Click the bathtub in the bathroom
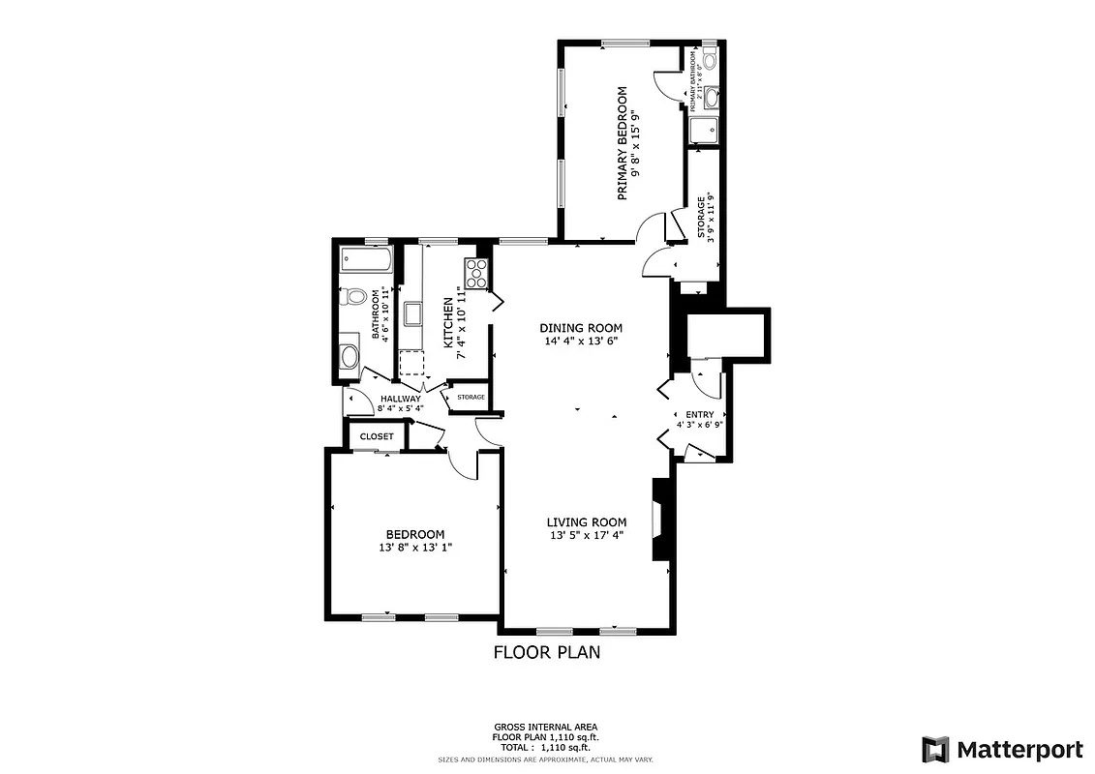(x=365, y=259)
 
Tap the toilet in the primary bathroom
(x=710, y=60)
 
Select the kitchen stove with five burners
(x=476, y=273)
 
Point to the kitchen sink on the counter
(x=411, y=313)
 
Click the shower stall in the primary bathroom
(x=703, y=129)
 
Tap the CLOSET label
(x=377, y=436)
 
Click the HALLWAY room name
(x=400, y=399)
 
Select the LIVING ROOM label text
(x=586, y=522)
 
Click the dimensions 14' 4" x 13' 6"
(x=580, y=341)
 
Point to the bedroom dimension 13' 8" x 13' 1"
(x=414, y=548)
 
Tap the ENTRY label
(x=699, y=414)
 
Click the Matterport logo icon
(x=935, y=749)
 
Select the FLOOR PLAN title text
(x=546, y=652)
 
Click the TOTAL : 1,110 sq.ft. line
(x=546, y=747)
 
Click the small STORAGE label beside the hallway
(x=471, y=398)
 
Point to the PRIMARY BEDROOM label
(x=622, y=143)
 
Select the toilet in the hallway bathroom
(x=353, y=297)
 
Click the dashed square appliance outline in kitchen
(x=411, y=363)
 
